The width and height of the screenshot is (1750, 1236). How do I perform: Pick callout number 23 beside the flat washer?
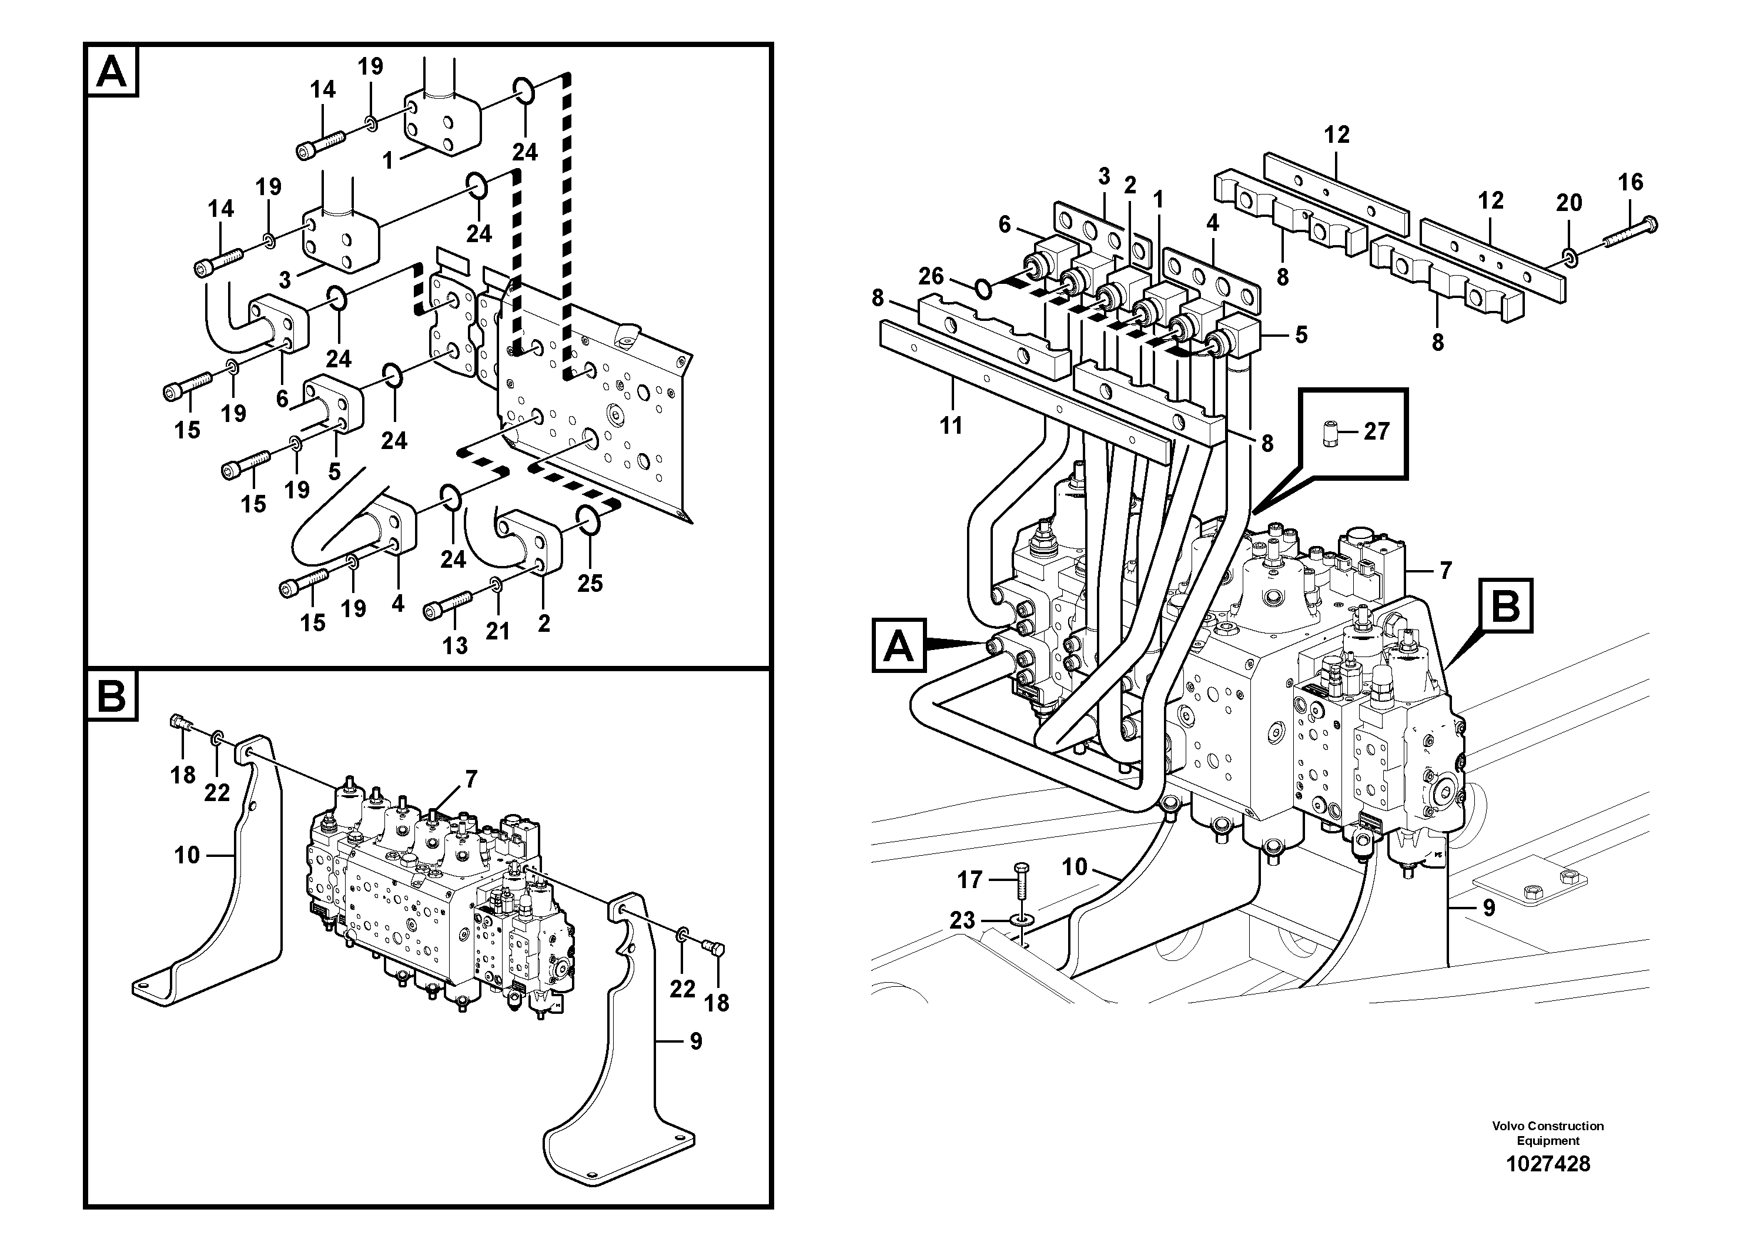962,920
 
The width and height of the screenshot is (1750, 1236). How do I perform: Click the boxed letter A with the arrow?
899,646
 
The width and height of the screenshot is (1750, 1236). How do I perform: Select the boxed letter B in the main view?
1505,607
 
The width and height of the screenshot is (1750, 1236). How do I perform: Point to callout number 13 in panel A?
455,646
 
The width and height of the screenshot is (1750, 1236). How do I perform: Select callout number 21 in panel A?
498,631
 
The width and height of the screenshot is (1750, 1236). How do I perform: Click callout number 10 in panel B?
187,855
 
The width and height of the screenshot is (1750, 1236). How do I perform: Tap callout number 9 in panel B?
695,1041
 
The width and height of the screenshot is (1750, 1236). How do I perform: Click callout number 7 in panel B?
471,779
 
